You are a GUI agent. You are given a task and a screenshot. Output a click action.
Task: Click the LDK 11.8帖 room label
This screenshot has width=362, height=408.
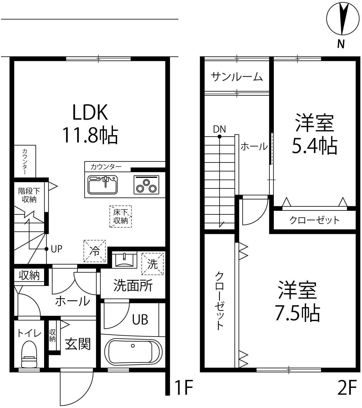point(90,124)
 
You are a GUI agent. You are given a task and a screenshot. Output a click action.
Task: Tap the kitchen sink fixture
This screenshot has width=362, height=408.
point(103,185)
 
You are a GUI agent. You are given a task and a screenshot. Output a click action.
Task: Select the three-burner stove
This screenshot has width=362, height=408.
point(146,185)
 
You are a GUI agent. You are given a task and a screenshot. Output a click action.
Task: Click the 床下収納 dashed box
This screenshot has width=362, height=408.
point(121,217)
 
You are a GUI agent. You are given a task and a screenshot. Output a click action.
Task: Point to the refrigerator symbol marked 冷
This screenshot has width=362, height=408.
point(94,251)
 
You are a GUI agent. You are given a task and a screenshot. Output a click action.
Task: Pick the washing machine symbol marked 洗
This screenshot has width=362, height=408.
point(152,264)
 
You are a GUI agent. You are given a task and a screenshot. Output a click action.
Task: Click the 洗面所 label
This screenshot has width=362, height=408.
point(133,286)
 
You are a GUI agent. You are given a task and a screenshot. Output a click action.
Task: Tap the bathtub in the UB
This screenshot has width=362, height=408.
point(133,351)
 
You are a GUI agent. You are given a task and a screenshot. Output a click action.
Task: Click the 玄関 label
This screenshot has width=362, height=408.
point(78,344)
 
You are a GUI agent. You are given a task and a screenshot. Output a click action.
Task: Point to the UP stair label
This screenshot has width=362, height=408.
point(56,249)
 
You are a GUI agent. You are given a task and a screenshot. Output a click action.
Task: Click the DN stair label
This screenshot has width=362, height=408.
point(219,129)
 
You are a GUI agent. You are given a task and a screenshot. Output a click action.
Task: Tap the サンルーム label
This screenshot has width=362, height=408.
point(237,77)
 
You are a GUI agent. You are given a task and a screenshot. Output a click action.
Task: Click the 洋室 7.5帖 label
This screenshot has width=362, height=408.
point(297,302)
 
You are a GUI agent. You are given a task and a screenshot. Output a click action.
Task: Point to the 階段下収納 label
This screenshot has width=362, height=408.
point(29,195)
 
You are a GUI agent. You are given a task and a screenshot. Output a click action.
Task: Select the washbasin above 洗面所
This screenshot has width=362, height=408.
point(125,259)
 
